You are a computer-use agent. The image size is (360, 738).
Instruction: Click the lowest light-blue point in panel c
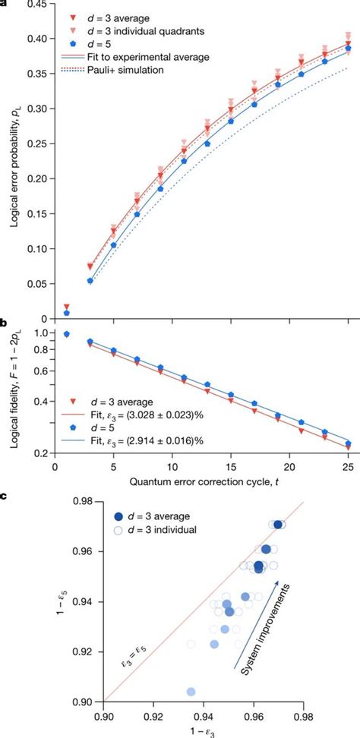(191, 692)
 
